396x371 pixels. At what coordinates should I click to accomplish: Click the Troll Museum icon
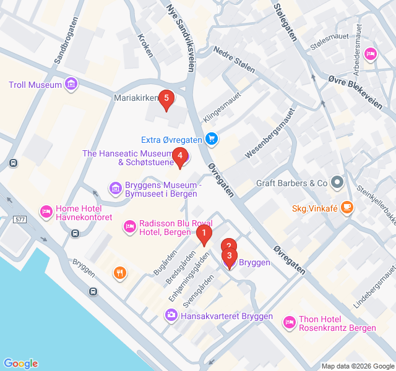pos(71,84)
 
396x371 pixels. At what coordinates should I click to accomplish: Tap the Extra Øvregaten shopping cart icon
pos(212,139)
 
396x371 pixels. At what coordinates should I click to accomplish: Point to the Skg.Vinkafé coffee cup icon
pos(347,207)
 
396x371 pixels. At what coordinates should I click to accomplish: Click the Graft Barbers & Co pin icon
pos(337,182)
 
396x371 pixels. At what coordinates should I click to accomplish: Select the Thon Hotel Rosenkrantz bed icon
pos(289,322)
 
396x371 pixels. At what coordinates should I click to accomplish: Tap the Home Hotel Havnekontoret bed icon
pos(46,212)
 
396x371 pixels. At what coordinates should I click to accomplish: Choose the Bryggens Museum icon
pos(114,187)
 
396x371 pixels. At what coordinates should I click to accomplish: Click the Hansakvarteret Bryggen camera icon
pos(171,315)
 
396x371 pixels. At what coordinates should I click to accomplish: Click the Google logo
pos(20,364)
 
